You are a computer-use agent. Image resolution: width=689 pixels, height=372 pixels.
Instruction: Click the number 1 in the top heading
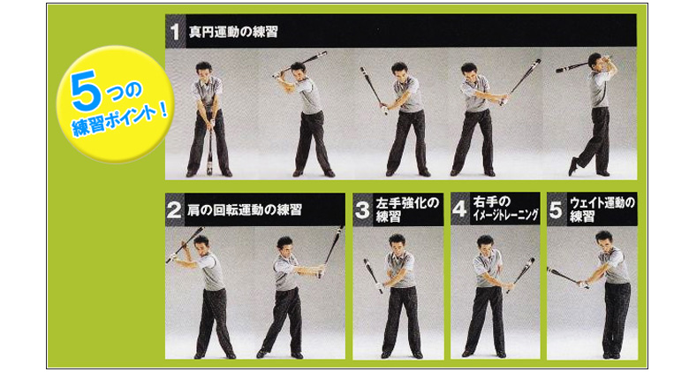point(175,32)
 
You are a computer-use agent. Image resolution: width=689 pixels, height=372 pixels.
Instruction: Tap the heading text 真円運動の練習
point(233,32)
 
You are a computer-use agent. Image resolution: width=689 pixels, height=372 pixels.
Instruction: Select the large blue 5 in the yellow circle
point(86,91)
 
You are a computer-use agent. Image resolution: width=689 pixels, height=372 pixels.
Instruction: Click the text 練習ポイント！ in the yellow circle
point(120,120)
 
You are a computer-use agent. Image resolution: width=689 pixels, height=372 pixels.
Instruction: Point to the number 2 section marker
point(174,209)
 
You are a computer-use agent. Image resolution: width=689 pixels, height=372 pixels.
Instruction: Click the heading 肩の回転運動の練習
point(245,209)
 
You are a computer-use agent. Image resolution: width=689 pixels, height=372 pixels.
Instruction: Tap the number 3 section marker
point(362,209)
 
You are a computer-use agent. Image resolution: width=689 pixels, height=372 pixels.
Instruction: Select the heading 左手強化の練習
point(407,209)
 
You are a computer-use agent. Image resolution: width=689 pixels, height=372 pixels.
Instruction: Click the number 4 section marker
point(459,209)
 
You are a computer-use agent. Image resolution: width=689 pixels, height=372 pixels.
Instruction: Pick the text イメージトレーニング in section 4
point(505,215)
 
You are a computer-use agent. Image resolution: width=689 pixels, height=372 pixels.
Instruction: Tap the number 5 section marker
point(556,209)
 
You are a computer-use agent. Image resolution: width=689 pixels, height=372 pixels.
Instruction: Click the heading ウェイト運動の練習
point(602,209)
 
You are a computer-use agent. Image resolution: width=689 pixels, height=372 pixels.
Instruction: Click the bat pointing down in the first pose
point(209,149)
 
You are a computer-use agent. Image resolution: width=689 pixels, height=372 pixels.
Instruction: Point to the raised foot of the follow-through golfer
point(573,166)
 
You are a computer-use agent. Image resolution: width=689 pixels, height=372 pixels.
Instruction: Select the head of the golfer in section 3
point(397,243)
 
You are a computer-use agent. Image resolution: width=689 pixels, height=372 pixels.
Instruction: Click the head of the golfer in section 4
point(486,243)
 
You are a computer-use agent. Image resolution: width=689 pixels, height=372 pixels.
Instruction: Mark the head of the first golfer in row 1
point(204,71)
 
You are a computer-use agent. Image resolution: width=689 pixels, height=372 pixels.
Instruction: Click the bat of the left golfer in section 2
point(185,245)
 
